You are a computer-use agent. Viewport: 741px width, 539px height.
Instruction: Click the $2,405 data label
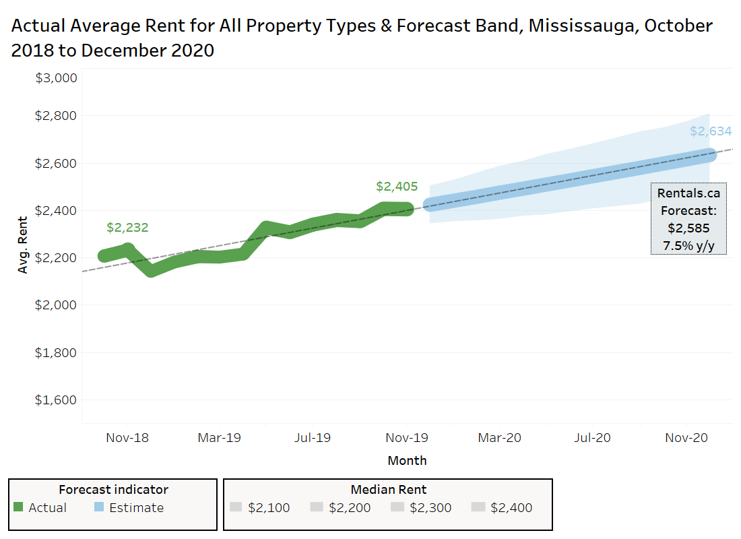click(x=397, y=187)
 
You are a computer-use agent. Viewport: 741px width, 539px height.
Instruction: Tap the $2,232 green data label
click(x=127, y=228)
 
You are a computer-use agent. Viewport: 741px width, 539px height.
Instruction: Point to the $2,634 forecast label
click(x=710, y=131)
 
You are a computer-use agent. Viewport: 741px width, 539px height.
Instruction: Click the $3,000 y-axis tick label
click(x=57, y=78)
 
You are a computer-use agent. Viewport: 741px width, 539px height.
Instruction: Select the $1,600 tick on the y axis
click(x=57, y=400)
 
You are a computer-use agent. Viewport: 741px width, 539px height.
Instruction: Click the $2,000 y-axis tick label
click(x=57, y=305)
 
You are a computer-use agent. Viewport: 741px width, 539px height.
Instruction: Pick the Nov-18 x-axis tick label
click(x=127, y=438)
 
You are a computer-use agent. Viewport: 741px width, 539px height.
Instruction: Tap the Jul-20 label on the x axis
click(x=592, y=438)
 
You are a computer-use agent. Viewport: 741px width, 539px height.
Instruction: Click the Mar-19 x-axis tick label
click(x=219, y=438)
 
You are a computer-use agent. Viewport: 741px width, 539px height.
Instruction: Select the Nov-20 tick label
click(x=686, y=438)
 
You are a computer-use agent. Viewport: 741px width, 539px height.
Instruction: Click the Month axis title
click(x=407, y=461)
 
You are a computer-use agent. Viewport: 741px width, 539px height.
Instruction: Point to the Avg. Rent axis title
click(x=23, y=245)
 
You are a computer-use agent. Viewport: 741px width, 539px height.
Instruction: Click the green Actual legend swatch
click(x=19, y=508)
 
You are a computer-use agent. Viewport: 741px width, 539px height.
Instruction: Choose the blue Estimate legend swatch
click(x=99, y=508)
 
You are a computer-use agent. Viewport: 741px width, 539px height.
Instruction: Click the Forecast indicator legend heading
click(x=113, y=490)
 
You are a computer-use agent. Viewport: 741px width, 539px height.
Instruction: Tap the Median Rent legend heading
click(x=388, y=490)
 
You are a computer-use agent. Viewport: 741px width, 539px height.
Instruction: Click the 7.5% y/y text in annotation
click(x=688, y=245)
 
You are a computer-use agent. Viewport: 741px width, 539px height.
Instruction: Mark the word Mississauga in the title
click(x=581, y=26)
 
